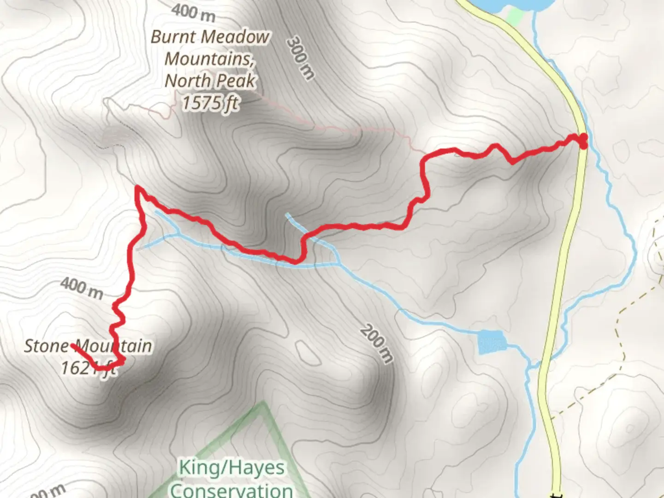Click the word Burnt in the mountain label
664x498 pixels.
pos(169,37)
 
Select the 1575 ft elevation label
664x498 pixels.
pos(210,103)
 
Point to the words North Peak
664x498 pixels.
pos(210,81)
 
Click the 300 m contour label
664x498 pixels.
pos(300,59)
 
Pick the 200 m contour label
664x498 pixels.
pos(377,343)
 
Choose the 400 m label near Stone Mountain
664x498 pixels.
pos(81,287)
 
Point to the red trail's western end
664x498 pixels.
pos(73,345)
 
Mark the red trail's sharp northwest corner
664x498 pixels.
pos(137,187)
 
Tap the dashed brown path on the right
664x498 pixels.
pos(620,341)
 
